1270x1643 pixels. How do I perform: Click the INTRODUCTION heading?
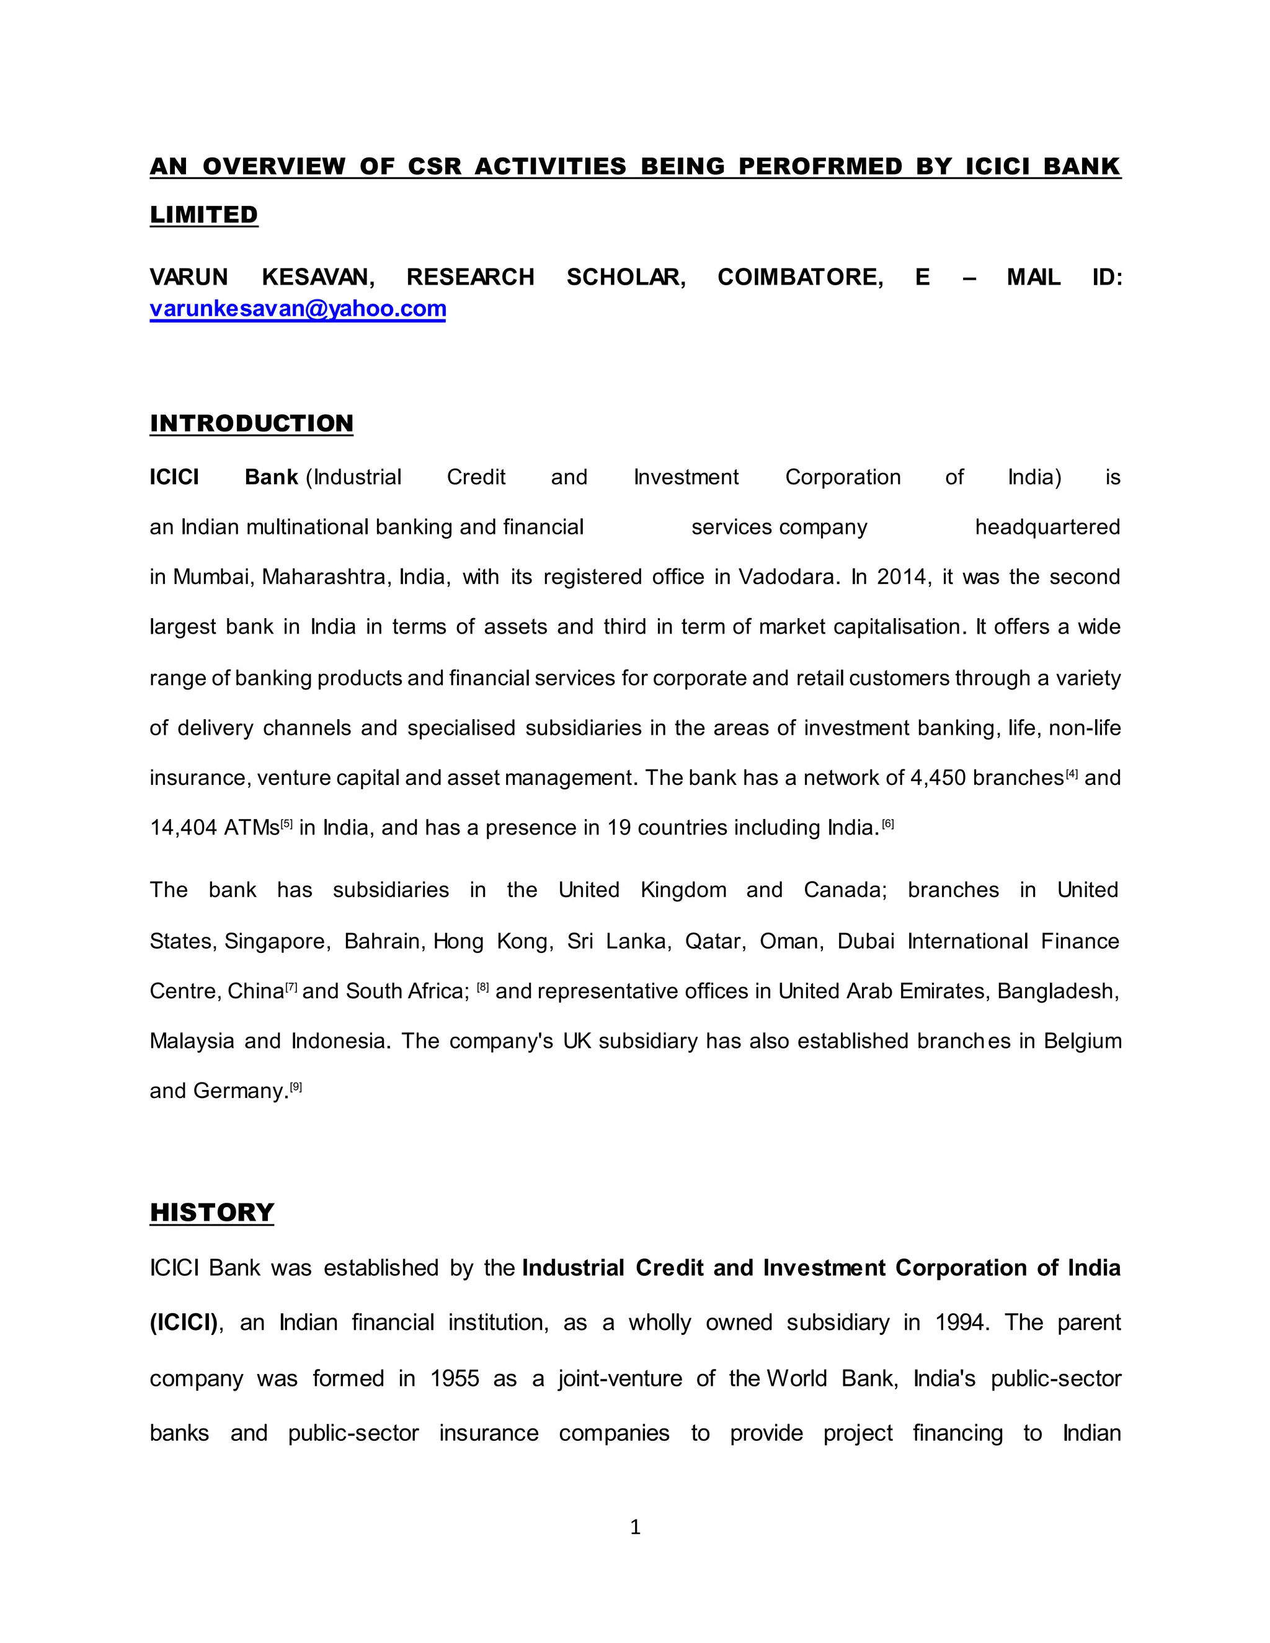(251, 423)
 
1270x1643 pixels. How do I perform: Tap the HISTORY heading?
(211, 1212)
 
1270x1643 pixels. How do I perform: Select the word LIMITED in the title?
(204, 215)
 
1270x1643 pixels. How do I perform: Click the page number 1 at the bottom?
(635, 1526)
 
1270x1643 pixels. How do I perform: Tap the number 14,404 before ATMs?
(184, 828)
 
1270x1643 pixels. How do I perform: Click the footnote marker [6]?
(888, 825)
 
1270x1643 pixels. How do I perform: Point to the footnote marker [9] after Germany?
(296, 1087)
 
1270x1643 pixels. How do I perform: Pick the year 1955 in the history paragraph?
(455, 1378)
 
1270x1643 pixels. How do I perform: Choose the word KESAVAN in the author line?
(318, 277)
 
